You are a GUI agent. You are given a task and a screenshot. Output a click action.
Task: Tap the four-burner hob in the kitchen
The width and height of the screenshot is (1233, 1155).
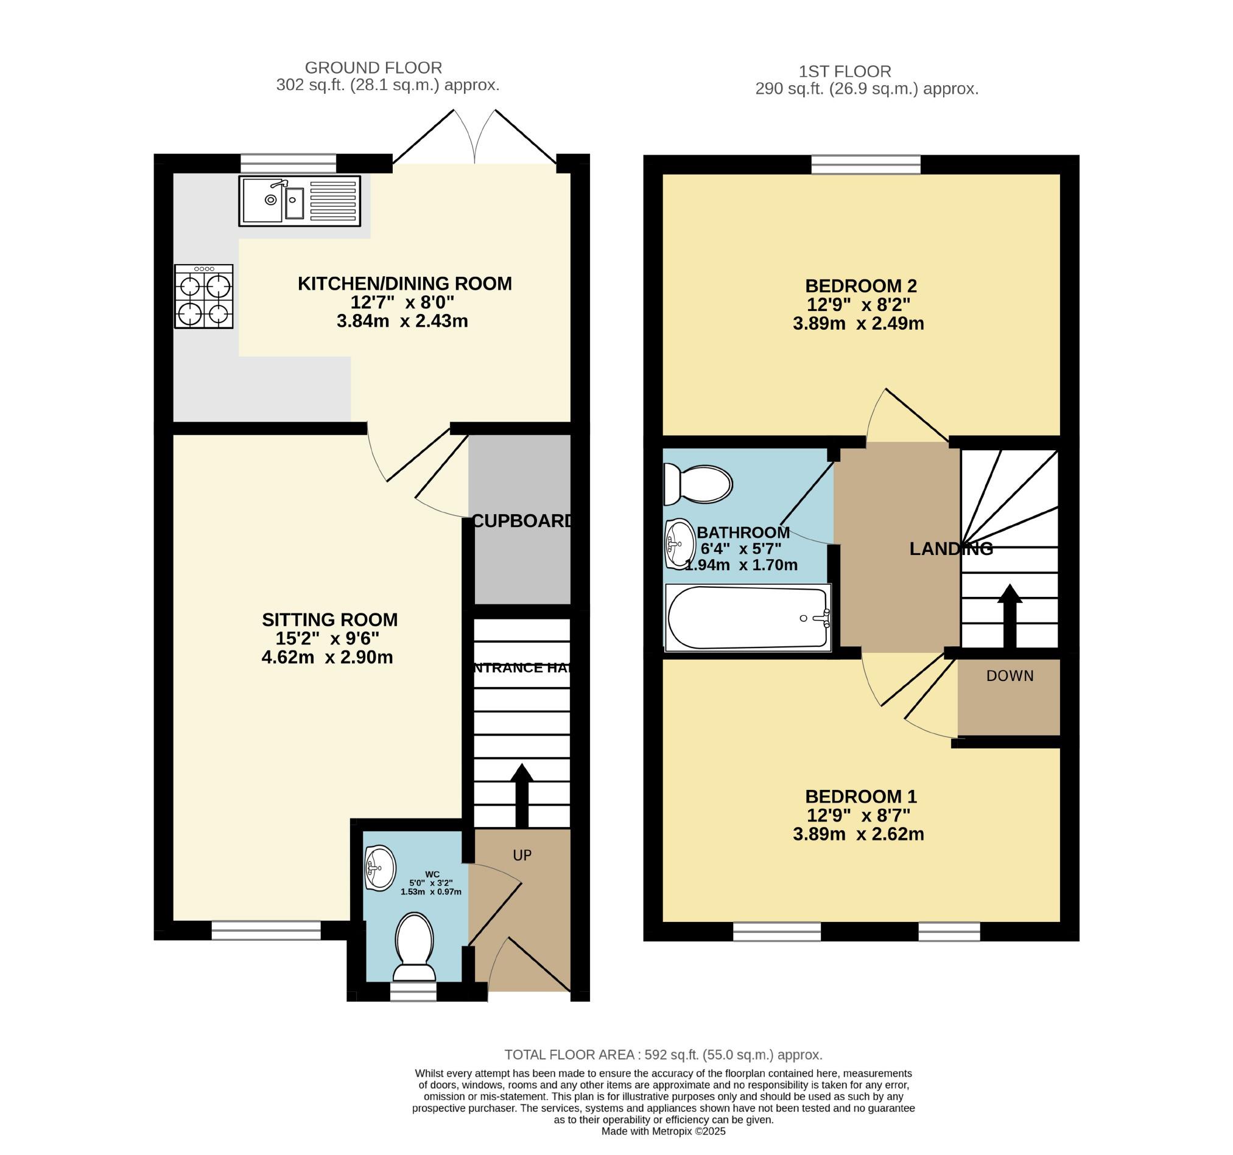(x=203, y=296)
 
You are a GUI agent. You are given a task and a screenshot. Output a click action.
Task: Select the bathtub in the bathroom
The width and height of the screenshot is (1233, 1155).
(x=748, y=618)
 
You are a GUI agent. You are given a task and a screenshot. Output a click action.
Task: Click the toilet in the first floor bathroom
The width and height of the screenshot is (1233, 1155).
(x=698, y=484)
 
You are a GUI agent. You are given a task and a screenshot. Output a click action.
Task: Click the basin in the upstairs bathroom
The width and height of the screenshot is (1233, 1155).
(x=680, y=543)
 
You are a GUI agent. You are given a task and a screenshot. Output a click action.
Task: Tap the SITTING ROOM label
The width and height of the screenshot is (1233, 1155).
(x=329, y=619)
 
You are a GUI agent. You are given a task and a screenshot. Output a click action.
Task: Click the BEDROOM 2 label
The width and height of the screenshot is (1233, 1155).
(x=860, y=286)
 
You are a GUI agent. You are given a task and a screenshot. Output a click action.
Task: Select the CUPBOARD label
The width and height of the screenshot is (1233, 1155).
(x=522, y=521)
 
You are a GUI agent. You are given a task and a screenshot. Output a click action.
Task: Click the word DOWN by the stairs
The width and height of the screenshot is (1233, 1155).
(x=1010, y=675)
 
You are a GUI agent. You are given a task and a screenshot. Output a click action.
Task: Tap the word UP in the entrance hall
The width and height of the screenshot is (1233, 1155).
(x=522, y=855)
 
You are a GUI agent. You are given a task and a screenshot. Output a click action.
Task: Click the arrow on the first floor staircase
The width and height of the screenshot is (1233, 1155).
(x=1010, y=616)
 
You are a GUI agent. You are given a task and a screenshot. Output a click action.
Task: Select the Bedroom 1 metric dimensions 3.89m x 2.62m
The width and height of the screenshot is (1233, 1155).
(x=859, y=834)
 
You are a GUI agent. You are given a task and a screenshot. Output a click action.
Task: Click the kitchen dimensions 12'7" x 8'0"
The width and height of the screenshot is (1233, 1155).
(x=402, y=302)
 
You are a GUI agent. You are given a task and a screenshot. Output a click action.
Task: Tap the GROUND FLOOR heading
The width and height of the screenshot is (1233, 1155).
(x=373, y=68)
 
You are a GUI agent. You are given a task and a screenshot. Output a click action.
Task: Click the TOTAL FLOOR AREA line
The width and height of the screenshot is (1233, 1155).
(x=664, y=1055)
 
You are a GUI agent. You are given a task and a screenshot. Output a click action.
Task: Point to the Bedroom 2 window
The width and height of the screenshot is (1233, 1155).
(x=866, y=164)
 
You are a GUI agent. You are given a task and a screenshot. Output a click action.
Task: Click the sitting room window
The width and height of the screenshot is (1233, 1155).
(x=266, y=930)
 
